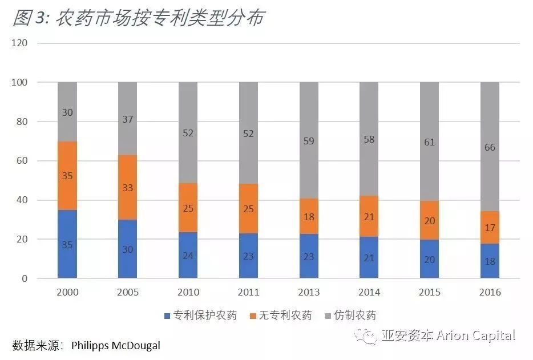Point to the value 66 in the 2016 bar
[490, 147]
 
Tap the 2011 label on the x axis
[248, 292]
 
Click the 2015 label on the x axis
[429, 292]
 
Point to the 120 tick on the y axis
[21, 43]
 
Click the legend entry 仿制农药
[355, 315]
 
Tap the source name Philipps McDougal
[116, 345]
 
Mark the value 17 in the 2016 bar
[490, 227]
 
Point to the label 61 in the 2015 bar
[429, 141]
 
